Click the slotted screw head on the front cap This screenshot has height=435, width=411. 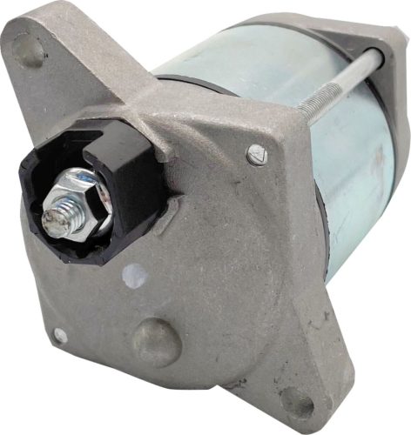tap(253, 156)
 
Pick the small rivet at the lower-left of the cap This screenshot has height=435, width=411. tap(59, 335)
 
